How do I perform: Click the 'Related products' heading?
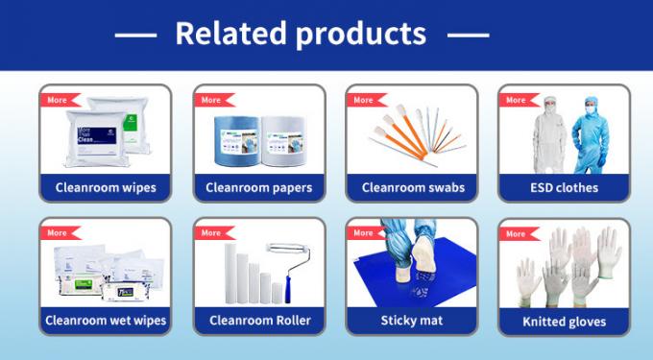click(301, 34)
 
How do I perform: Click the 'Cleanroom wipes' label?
click(106, 187)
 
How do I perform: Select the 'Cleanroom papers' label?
click(258, 187)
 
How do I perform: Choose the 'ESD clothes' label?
click(564, 187)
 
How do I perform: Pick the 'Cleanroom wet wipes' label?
click(106, 320)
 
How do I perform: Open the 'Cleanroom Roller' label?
click(258, 320)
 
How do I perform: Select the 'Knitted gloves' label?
click(564, 321)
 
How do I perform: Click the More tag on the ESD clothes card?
click(517, 100)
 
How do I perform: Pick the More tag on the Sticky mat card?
click(363, 232)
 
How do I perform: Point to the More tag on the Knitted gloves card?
click(517, 233)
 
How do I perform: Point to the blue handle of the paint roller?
click(278, 288)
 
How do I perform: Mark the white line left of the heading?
click(135, 36)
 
